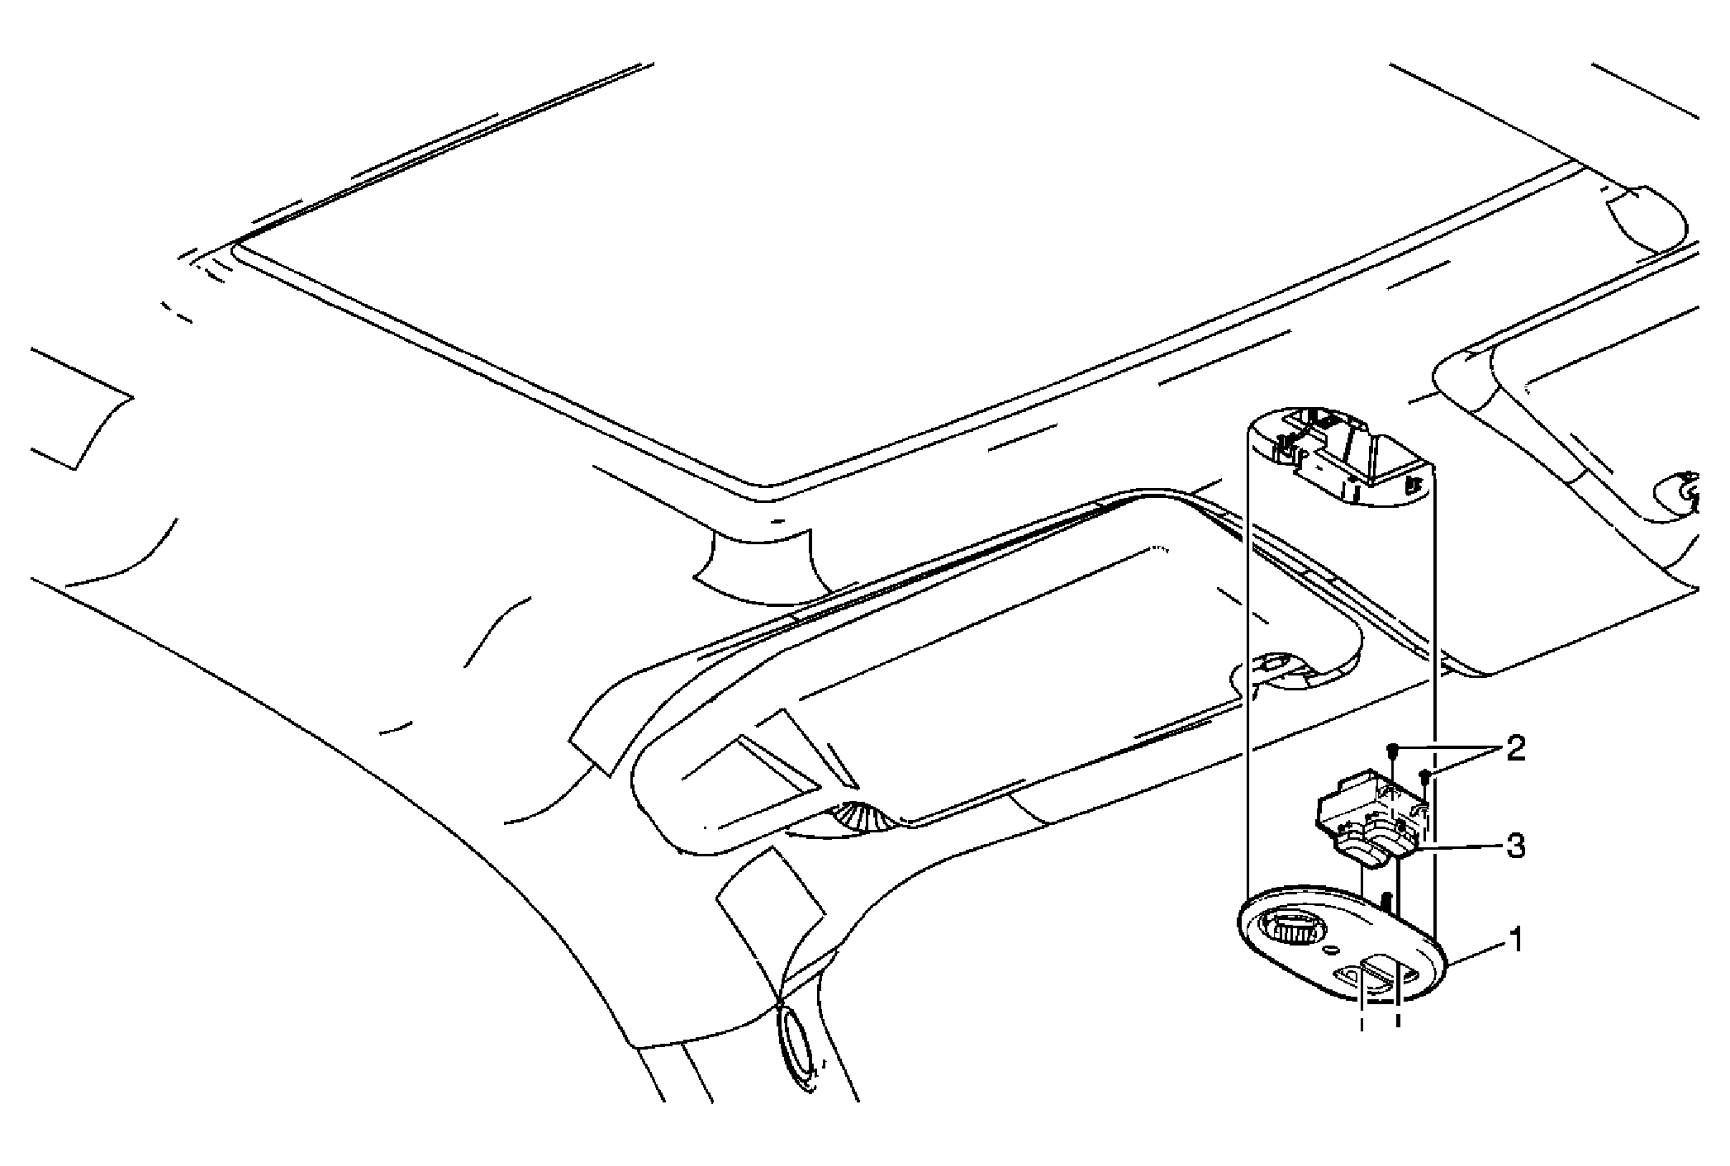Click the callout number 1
point(1516,940)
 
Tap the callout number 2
point(1515,749)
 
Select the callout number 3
point(1515,846)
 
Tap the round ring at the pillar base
point(800,1052)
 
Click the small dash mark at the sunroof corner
point(776,522)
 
